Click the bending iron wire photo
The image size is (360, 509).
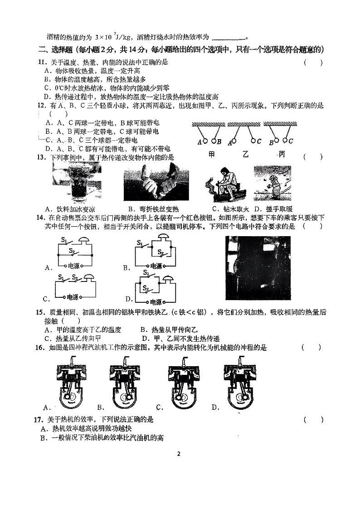(x=156, y=183)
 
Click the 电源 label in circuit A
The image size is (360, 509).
(x=74, y=266)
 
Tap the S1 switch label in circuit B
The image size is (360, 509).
(x=140, y=243)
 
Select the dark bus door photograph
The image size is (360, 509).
(x=258, y=267)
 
